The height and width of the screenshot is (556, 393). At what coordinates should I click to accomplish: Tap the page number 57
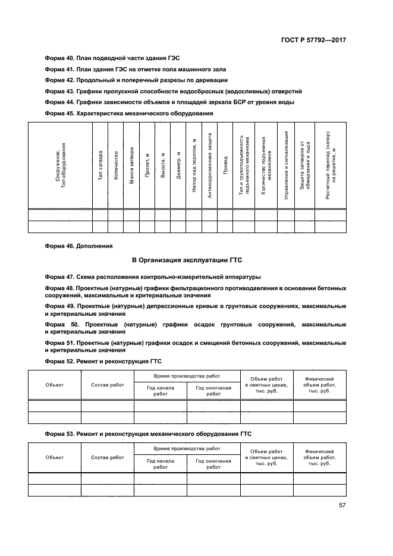point(342,505)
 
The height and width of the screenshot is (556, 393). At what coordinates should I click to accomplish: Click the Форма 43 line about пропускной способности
point(174,91)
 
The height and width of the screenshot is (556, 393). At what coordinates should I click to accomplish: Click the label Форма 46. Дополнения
point(78,245)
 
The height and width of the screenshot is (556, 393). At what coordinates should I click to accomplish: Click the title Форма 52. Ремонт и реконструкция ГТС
point(103,361)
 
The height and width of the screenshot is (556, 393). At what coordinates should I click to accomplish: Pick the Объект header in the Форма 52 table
point(54,385)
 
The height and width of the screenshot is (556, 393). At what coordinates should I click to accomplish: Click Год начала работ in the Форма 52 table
point(160,391)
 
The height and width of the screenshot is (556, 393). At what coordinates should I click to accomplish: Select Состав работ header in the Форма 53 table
point(107,457)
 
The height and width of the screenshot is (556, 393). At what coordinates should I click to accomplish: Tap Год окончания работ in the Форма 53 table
point(213,463)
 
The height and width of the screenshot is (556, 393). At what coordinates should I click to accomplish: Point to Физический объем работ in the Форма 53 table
point(319,457)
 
